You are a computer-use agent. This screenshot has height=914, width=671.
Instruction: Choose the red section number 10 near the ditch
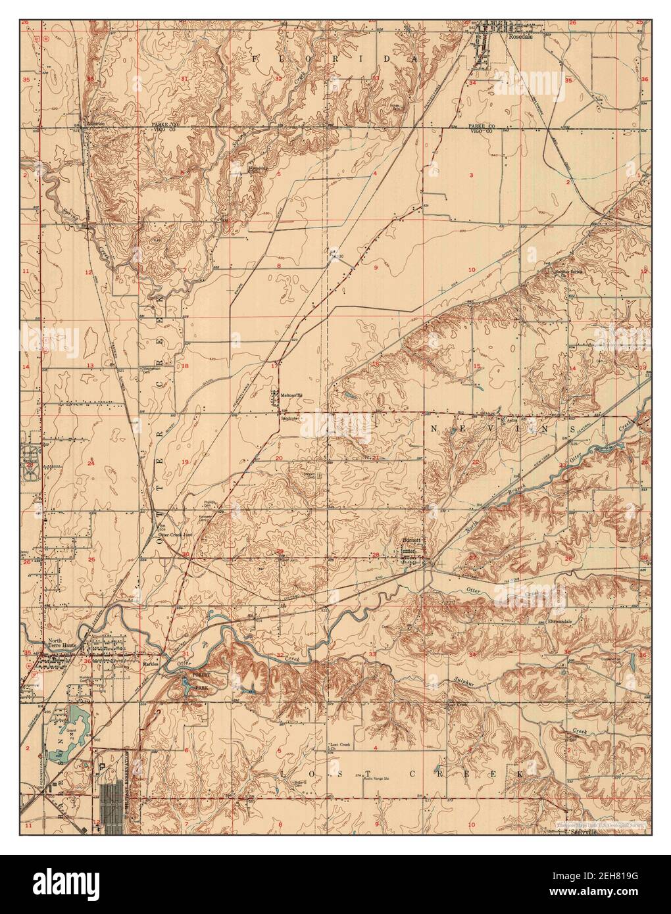tap(471, 270)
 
